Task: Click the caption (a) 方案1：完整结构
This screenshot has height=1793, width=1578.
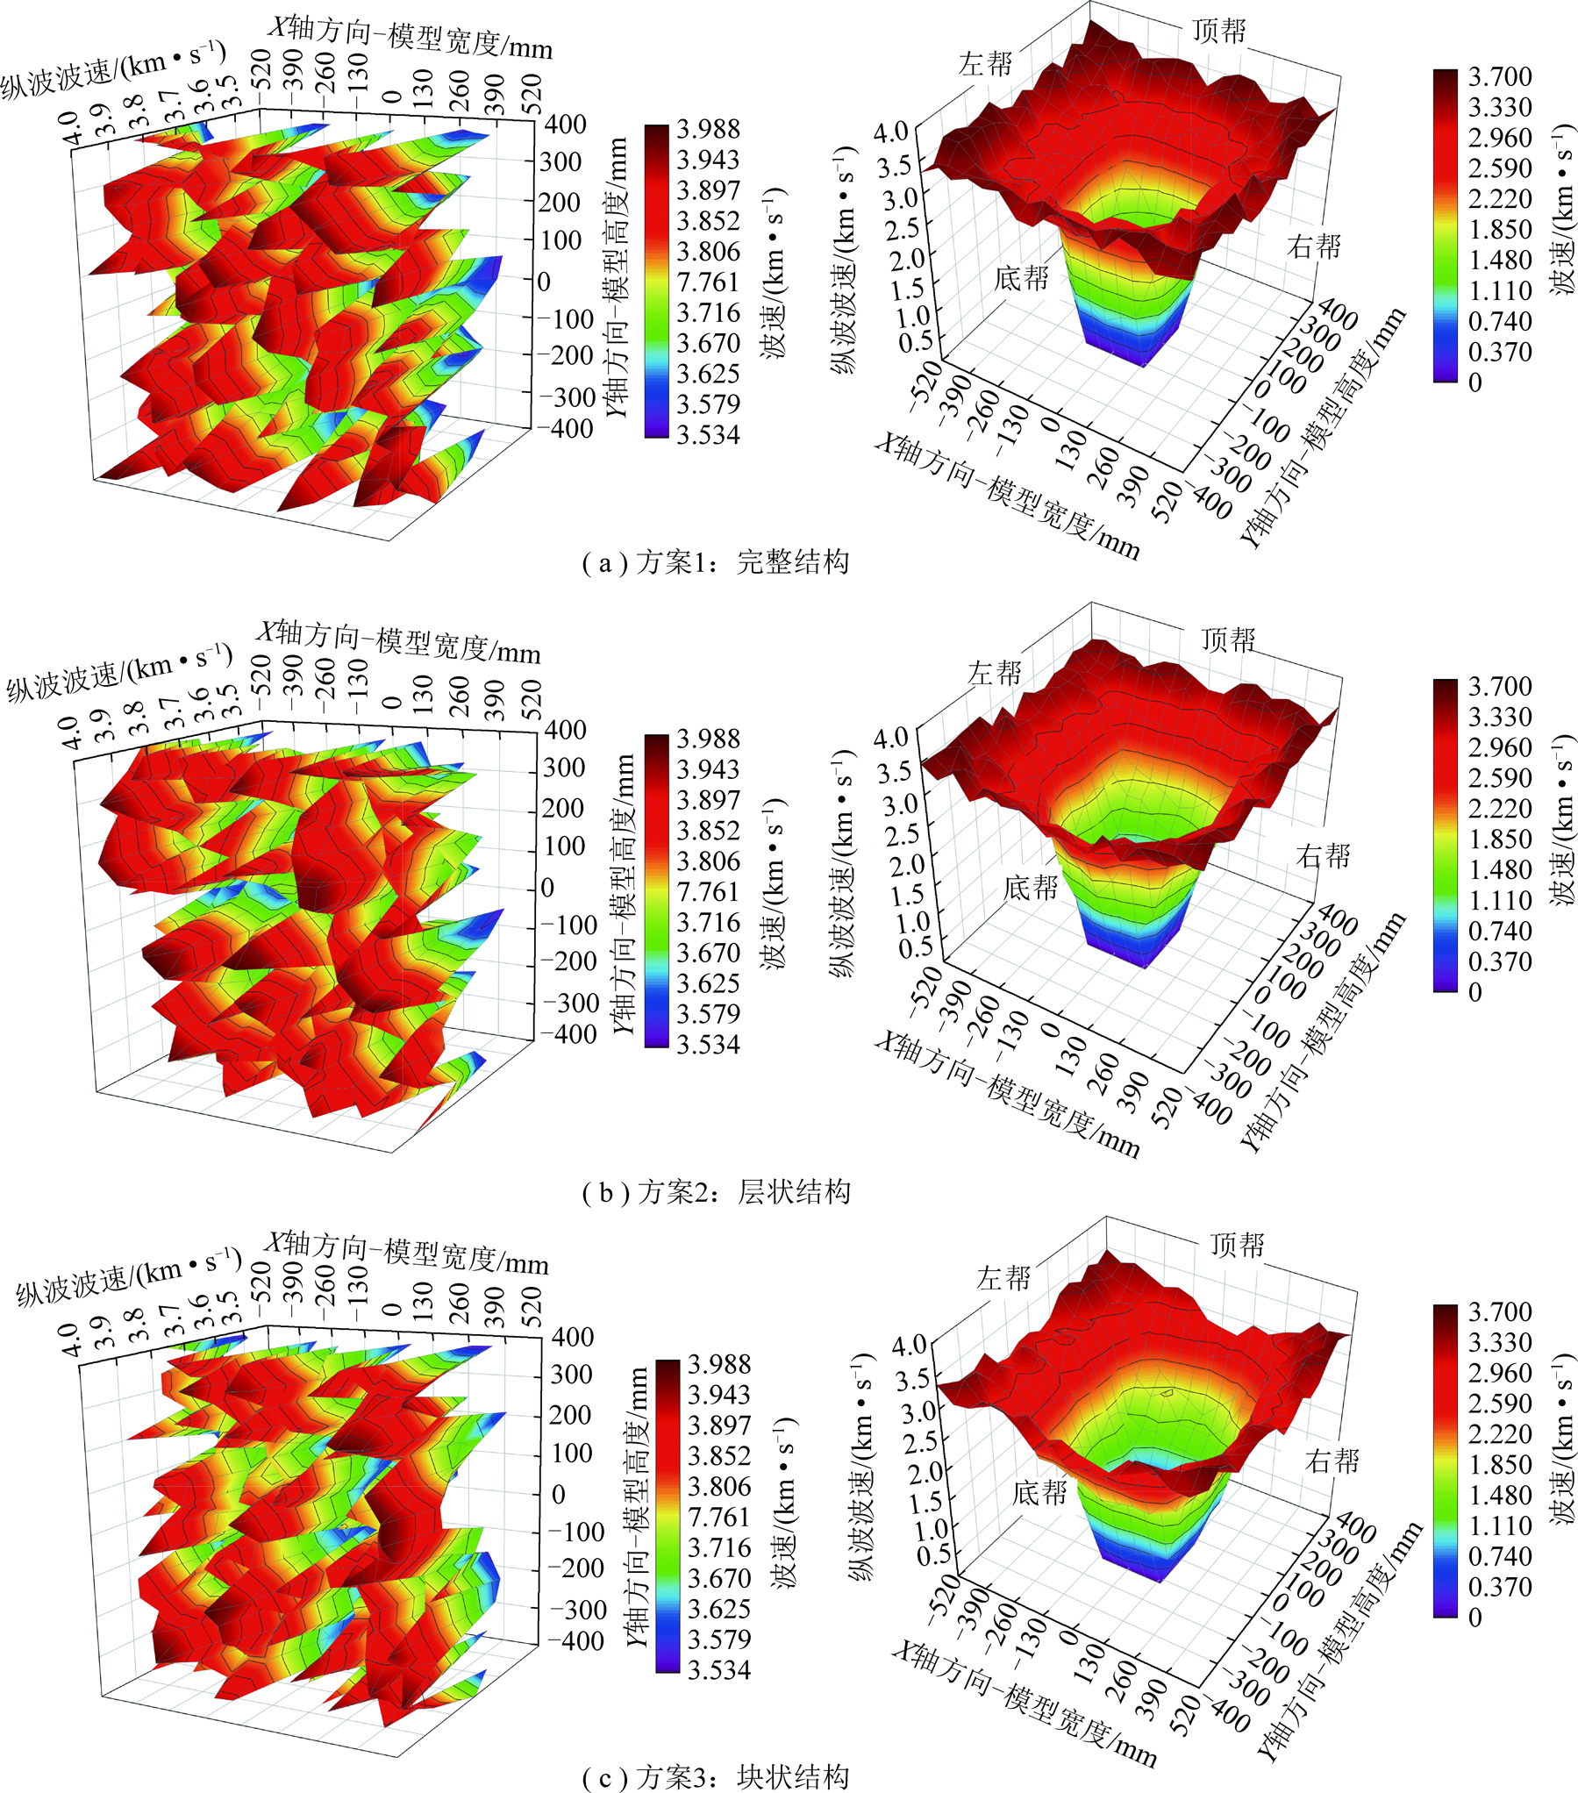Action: [x=716, y=562]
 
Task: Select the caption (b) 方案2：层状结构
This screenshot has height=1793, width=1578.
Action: [x=716, y=1192]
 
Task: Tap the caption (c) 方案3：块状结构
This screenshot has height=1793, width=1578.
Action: [x=716, y=1777]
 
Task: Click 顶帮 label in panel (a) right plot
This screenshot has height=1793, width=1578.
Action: [x=1218, y=32]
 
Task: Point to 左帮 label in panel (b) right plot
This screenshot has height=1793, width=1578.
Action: [x=995, y=673]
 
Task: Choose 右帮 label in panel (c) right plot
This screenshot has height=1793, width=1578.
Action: [x=1332, y=1461]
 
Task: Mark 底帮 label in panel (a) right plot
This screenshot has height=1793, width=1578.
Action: [x=1021, y=279]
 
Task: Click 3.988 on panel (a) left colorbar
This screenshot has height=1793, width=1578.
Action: [x=708, y=129]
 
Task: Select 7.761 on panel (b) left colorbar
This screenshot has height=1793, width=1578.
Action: [x=708, y=892]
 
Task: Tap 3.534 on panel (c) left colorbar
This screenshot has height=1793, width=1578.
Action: [x=718, y=1670]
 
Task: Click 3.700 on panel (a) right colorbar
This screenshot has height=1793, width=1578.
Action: [x=1500, y=77]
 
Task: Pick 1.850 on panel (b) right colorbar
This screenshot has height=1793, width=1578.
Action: [x=1500, y=839]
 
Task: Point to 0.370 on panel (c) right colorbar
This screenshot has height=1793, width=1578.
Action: [x=1500, y=1587]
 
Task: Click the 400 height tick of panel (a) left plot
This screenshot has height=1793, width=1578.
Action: [x=565, y=124]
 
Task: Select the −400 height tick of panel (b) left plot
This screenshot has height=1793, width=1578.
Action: [x=568, y=1034]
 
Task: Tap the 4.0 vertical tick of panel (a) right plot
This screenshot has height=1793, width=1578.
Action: [x=891, y=132]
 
